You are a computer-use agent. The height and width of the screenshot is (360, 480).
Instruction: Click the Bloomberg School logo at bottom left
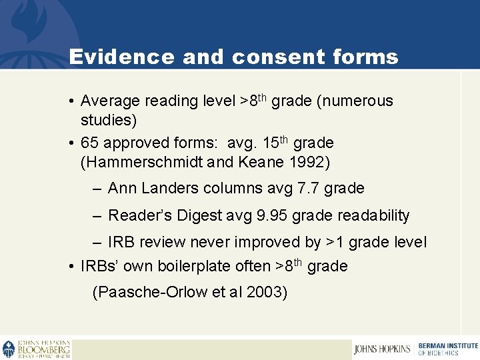[37, 349]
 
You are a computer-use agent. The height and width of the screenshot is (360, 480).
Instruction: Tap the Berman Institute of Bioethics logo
[447, 349]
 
